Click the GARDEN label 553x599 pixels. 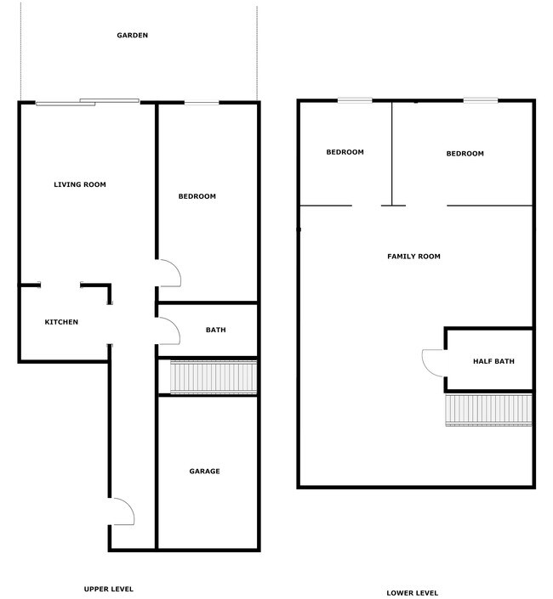coord(133,35)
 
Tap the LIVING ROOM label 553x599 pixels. coord(80,184)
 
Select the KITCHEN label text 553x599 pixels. coord(61,322)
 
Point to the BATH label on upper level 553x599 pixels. coord(216,330)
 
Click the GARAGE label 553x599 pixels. coord(204,471)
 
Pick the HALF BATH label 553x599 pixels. coord(493,361)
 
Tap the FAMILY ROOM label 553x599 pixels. coord(413,257)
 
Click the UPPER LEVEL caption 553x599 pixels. coord(109,589)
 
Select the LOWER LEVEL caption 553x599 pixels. coord(413,593)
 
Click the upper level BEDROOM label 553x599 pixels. coord(197,196)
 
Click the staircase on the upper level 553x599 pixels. coord(214,377)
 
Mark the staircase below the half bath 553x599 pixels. coord(488,410)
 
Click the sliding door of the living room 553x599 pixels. coord(88,102)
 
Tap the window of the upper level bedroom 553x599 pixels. coord(202,102)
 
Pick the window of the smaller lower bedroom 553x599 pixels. coord(355,100)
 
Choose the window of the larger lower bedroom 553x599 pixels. coord(481,100)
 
